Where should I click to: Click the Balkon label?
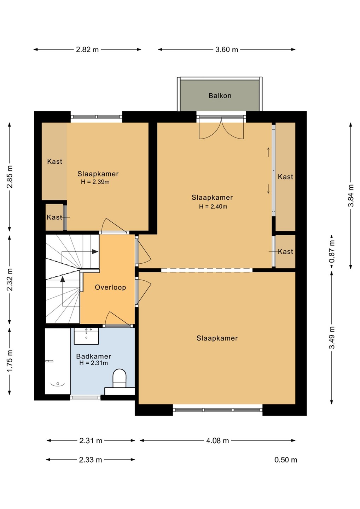[220, 96]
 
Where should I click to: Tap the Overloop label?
[110, 287]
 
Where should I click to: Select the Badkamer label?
[93, 356]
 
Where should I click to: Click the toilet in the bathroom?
[119, 378]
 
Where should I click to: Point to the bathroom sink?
[86, 336]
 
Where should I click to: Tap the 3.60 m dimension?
[227, 49]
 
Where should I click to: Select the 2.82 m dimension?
[87, 49]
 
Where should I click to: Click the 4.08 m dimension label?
[217, 440]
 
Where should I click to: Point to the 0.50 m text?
[286, 460]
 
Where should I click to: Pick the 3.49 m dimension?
[332, 338]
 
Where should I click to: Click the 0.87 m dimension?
[332, 251]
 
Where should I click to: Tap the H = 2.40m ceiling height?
[213, 206]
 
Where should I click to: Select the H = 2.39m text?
[95, 182]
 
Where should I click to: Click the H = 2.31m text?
[93, 363]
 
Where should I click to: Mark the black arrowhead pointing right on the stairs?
[95, 252]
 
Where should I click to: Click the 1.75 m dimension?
[10, 361]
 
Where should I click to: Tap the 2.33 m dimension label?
[90, 460]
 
